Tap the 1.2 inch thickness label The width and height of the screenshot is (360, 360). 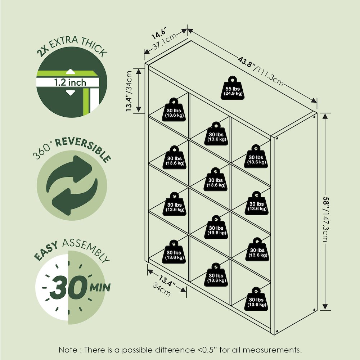[70, 82]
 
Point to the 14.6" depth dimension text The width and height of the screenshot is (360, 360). [159, 33]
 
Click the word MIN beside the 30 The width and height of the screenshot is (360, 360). [100, 287]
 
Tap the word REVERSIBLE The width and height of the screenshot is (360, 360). [83, 149]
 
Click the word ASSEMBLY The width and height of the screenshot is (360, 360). [86, 249]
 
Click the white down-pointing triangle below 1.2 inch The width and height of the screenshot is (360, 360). [70, 93]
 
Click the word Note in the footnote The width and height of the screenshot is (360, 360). [68, 350]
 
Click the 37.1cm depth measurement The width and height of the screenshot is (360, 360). [165, 41]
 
